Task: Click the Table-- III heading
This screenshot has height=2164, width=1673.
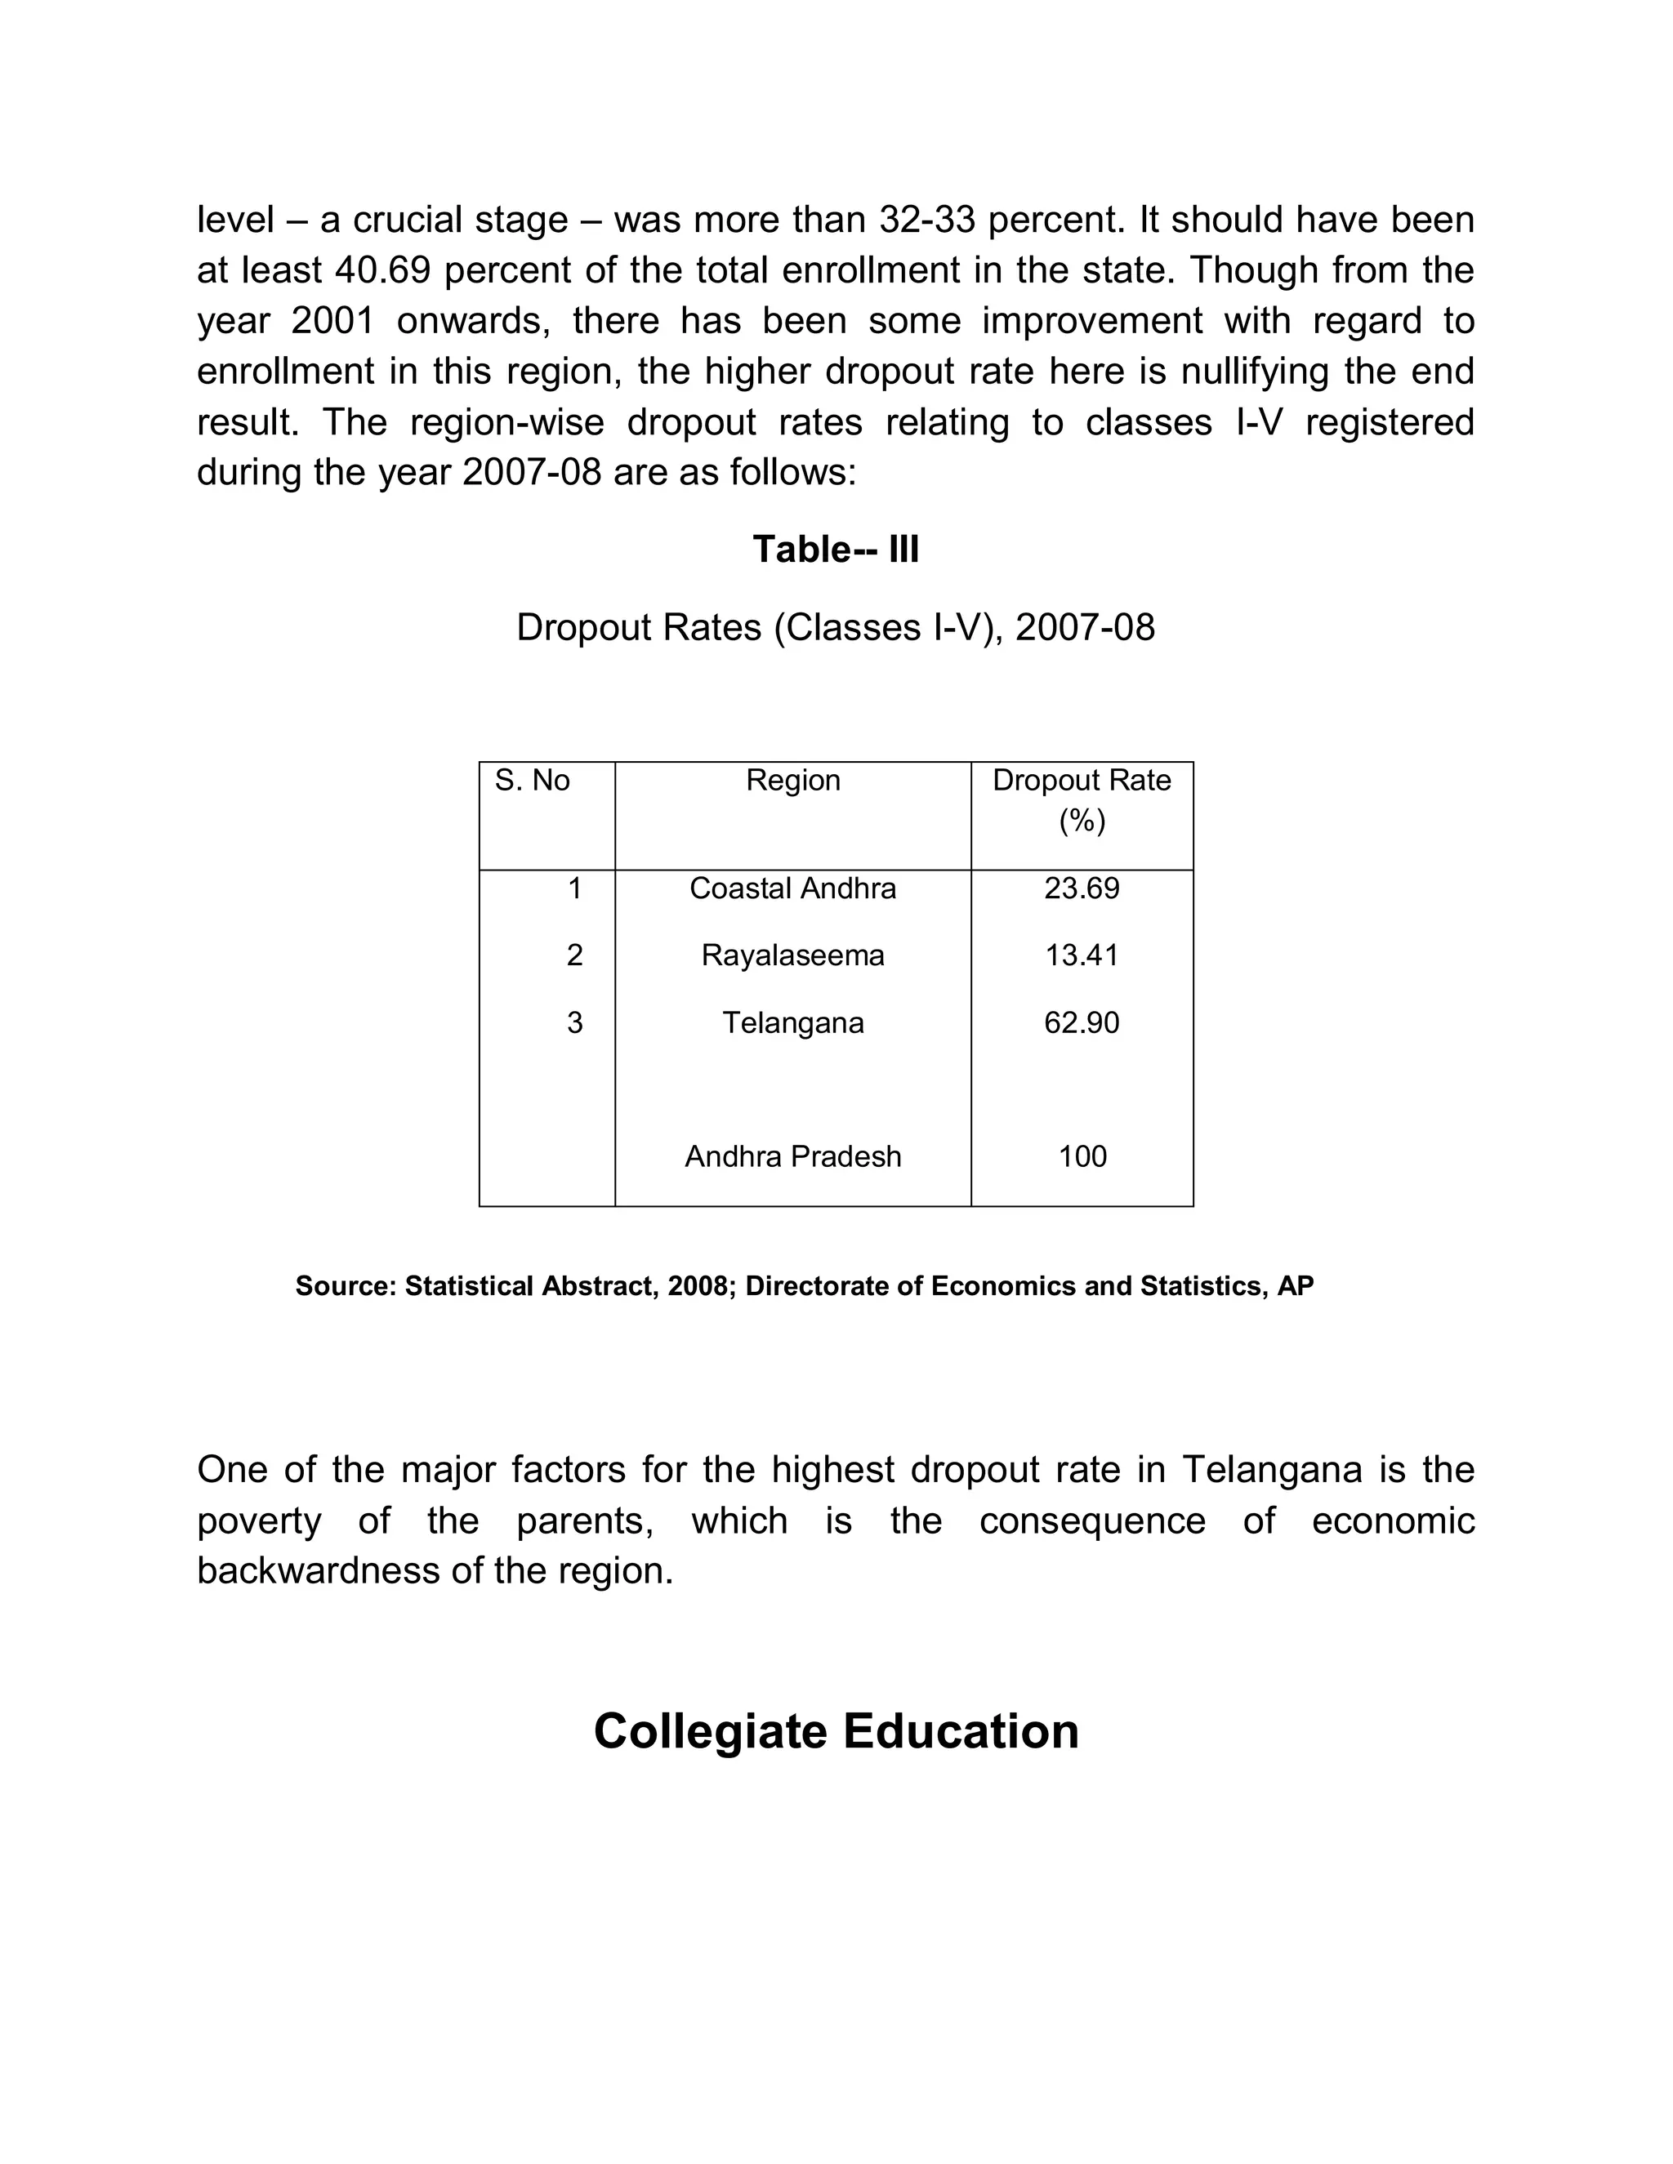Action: tap(836, 549)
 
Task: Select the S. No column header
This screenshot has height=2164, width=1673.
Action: tap(533, 781)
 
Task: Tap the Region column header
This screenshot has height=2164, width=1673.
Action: tap(793, 781)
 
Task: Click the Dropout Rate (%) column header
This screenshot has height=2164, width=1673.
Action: tap(1082, 799)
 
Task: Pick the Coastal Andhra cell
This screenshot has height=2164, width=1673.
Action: tap(793, 888)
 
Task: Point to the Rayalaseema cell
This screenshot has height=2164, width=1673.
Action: tap(793, 955)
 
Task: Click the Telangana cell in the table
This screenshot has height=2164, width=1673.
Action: tap(793, 1022)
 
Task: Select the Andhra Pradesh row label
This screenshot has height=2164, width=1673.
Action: tap(793, 1156)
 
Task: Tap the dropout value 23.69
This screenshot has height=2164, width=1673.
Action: tap(1082, 888)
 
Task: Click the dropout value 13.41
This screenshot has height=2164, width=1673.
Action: tap(1082, 955)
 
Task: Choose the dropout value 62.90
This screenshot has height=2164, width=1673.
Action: tap(1082, 1022)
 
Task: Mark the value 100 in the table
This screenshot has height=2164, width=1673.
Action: tap(1082, 1156)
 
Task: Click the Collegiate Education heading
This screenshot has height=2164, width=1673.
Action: tap(836, 1732)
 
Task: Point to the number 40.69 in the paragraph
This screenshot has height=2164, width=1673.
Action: tap(382, 270)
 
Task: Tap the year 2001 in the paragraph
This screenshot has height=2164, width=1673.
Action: tap(333, 321)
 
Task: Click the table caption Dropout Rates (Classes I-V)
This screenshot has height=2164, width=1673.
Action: tap(836, 627)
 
